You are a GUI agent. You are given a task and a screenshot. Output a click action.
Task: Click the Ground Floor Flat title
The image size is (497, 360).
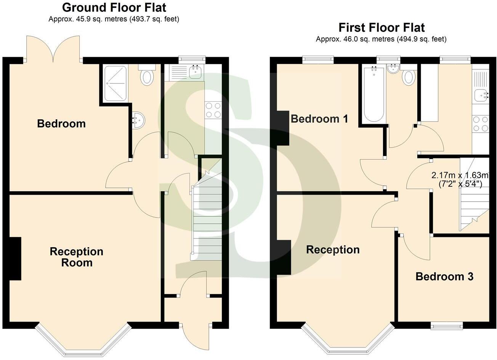[114, 7]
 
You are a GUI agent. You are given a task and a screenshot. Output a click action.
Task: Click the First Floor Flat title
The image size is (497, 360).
[381, 27]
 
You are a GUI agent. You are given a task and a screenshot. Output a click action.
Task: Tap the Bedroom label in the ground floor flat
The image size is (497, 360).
[61, 123]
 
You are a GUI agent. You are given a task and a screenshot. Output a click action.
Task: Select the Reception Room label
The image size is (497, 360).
[77, 257]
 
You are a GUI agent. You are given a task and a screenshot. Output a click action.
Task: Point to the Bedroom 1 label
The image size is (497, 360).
[319, 119]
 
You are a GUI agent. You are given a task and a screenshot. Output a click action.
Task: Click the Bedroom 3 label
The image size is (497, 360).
[444, 276]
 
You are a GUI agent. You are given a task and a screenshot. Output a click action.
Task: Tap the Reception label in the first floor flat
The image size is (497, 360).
[333, 250]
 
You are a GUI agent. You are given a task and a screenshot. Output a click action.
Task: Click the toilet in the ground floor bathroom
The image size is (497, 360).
[147, 76]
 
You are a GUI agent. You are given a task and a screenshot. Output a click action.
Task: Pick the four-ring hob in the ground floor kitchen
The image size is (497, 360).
[213, 109]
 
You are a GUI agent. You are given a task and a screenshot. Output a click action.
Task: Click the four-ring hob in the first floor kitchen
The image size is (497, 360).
[480, 124]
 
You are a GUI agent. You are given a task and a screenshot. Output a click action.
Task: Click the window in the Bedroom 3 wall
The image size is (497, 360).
[447, 325]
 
